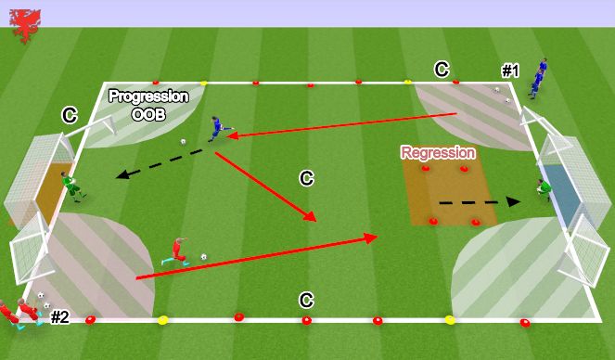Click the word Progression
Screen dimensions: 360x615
pos(148,96)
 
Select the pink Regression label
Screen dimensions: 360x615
pos(438,152)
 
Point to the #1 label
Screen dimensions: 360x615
pos(510,70)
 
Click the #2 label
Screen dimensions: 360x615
pos(60,317)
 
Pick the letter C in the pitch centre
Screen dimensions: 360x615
pos(305,177)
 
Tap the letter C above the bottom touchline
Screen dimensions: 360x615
pos(305,300)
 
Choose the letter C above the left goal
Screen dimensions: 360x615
pos(69,115)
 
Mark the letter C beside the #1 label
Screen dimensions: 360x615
pos(442,69)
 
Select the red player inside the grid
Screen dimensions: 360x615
pos(177,251)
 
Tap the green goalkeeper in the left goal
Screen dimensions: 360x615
pos(72,185)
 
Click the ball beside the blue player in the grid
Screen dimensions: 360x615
pos(184,142)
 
